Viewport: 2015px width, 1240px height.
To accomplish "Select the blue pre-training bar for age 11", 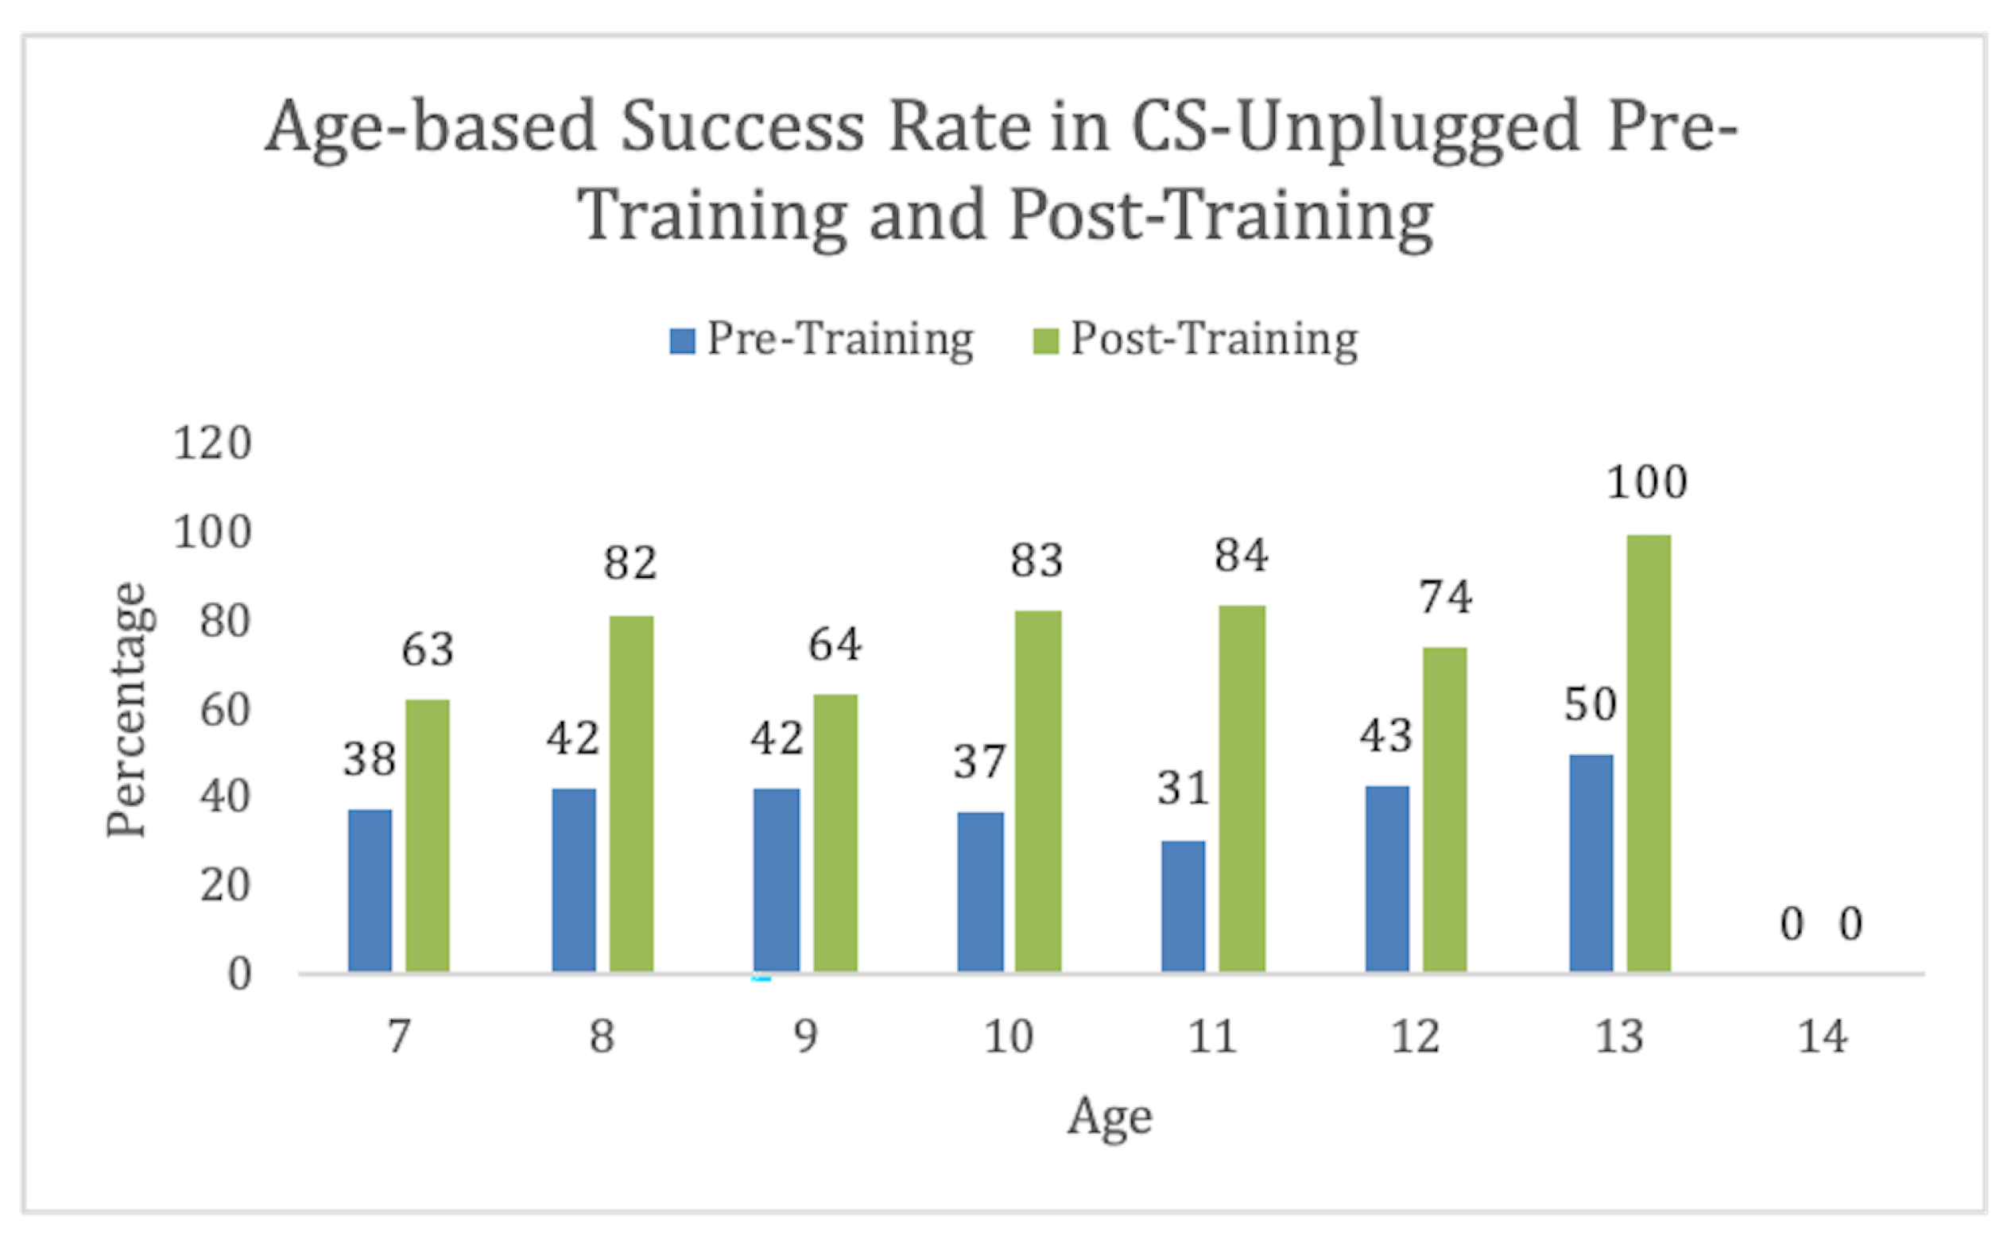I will [x=1183, y=905].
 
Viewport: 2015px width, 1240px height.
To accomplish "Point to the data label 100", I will [x=1647, y=482].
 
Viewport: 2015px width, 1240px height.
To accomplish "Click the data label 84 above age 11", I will [x=1241, y=556].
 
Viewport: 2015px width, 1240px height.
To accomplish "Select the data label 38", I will [x=369, y=758].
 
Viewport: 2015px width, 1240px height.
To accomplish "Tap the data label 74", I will [x=1446, y=597].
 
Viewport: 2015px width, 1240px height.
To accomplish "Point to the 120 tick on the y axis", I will [x=211, y=444].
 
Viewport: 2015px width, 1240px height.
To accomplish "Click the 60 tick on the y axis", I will [x=224, y=710].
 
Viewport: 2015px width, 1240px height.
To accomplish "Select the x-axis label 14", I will [x=1823, y=1037].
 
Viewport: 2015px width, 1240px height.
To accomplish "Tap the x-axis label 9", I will [x=805, y=1037].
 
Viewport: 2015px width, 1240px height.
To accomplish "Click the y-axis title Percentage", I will [x=127, y=709].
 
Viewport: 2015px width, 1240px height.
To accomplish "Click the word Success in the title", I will [x=742, y=127].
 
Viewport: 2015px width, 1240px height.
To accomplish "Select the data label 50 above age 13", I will [x=1591, y=704].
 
